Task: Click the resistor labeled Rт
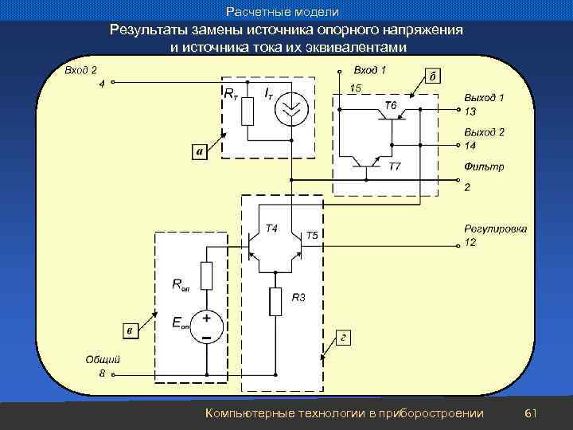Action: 247,112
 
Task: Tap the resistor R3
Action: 275,301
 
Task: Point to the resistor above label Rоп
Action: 207,276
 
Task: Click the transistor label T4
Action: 271,229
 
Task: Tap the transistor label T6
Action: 391,105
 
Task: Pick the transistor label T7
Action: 395,166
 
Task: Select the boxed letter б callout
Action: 432,77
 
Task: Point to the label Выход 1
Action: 484,97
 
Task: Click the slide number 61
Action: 532,412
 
